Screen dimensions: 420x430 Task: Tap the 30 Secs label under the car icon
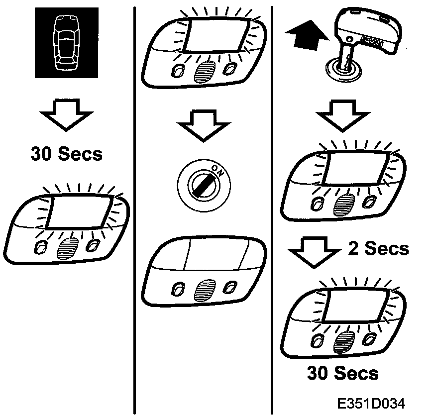[66, 154]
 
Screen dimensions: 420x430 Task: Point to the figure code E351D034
[370, 403]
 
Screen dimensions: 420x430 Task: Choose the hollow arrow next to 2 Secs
[313, 252]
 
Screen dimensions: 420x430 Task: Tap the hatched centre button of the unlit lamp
[202, 288]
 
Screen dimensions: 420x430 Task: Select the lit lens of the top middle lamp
[215, 33]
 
